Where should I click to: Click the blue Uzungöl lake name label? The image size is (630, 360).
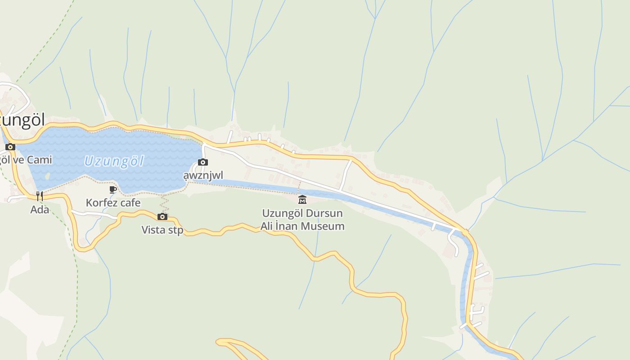coord(113,161)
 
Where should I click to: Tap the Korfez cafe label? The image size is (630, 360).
coord(113,203)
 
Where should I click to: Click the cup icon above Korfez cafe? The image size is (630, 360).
coord(113,190)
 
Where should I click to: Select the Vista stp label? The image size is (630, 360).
coord(162,230)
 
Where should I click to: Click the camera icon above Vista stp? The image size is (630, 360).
coord(162,217)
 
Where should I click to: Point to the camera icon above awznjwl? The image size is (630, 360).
coord(203,162)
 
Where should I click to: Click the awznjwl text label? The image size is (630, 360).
coord(203,175)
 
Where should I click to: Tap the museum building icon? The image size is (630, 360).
coord(302,199)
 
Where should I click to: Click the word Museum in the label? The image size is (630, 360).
coord(322,226)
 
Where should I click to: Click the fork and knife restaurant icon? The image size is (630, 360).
coord(40,196)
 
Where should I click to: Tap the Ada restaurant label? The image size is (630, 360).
coord(40,209)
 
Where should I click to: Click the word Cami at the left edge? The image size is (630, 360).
coord(40,160)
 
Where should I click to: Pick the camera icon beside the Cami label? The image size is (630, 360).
coord(10,147)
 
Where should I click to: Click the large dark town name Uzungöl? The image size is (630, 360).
coord(22,120)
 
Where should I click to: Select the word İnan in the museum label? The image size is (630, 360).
coord(288,226)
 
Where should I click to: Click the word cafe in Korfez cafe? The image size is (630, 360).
coord(129,203)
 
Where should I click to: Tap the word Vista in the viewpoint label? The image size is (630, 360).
coord(153,230)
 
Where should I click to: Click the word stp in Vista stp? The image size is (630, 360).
coord(175,230)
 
